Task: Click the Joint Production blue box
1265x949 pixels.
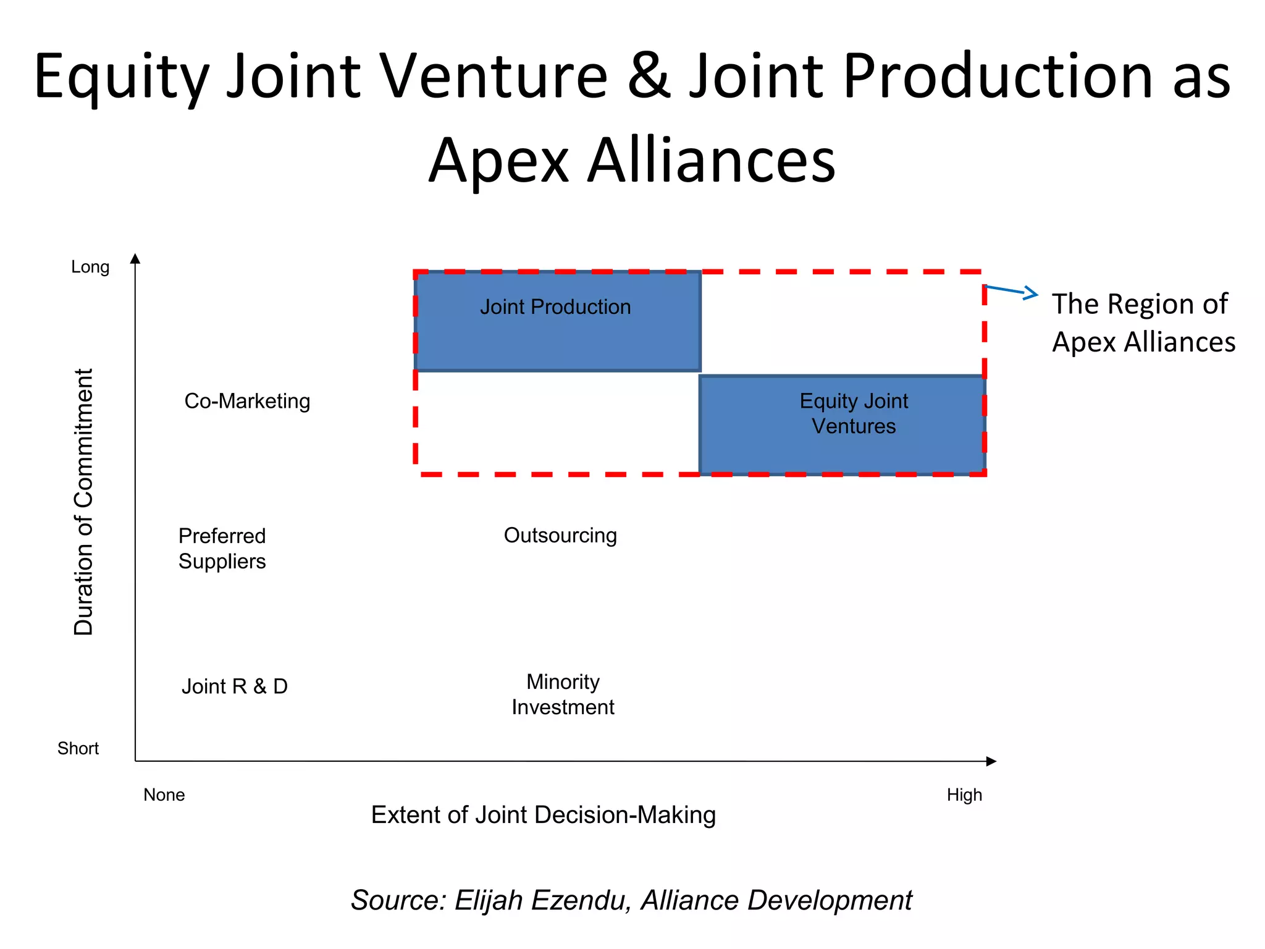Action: coord(557,321)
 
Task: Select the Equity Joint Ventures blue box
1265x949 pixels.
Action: coord(841,425)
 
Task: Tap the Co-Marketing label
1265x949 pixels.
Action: coord(247,401)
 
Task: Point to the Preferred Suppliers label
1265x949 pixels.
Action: coord(222,549)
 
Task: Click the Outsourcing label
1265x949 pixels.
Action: coord(560,535)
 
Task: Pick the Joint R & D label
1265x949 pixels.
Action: coord(235,686)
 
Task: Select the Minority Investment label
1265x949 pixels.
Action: coord(563,694)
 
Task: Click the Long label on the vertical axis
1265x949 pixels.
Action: coord(90,267)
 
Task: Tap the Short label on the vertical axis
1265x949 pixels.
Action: coord(78,749)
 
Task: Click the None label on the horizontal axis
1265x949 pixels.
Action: coord(164,795)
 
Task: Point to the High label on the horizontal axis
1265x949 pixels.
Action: coord(964,795)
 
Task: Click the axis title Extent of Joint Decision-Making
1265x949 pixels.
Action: coord(544,815)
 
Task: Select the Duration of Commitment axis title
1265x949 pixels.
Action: coord(83,502)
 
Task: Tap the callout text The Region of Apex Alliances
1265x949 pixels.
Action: coord(1143,323)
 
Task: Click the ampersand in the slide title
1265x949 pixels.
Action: coord(649,77)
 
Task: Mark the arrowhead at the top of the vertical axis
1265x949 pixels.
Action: coord(135,258)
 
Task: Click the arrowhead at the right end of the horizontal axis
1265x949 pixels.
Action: coord(991,761)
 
